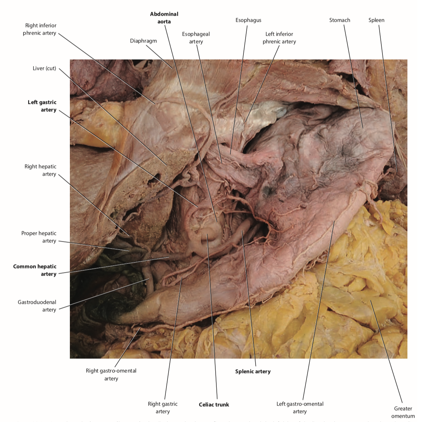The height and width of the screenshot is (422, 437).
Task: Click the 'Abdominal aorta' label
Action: [164, 18]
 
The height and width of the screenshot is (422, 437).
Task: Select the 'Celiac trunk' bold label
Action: [214, 405]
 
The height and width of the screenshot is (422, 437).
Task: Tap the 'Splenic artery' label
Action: [253, 371]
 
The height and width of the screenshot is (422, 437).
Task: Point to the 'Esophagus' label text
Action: [248, 20]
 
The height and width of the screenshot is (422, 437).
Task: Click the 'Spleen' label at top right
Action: [376, 20]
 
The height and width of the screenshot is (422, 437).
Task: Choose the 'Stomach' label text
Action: [339, 20]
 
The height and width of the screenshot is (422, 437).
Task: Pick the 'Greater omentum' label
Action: [403, 412]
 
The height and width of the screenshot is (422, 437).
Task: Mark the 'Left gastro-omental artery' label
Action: [300, 407]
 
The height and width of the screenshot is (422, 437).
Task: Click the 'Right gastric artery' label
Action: [163, 407]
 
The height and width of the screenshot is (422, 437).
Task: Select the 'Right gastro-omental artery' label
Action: [111, 375]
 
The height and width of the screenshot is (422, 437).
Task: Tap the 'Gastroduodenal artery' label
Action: [37, 306]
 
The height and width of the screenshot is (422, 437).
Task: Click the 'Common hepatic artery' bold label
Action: [35, 270]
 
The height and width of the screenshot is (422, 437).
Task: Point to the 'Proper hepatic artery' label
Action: [39, 237]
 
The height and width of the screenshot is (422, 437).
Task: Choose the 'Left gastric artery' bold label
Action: [42, 106]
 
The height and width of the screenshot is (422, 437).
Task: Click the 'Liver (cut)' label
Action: [44, 68]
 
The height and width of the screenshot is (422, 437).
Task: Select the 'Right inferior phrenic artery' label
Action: [40, 29]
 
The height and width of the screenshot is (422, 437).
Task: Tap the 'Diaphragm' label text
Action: [143, 41]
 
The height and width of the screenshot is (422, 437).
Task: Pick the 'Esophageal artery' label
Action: [196, 38]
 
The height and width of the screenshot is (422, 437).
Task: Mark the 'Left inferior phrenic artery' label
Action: [279, 38]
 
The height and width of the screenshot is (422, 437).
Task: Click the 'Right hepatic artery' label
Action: [40, 170]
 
